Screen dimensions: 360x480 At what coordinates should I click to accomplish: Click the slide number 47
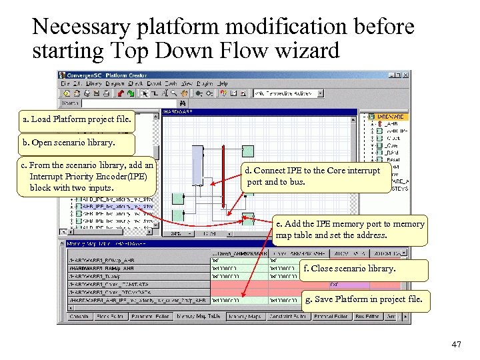point(456,345)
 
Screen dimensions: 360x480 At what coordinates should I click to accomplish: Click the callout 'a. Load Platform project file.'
point(77,120)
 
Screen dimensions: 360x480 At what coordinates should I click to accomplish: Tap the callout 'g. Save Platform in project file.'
point(363,299)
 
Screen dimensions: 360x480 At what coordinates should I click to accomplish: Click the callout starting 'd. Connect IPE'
point(316,176)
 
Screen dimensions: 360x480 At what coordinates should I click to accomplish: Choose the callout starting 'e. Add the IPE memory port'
point(349,229)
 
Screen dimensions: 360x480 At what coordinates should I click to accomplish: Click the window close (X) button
point(406,75)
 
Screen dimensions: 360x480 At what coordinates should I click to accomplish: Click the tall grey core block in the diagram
point(197,169)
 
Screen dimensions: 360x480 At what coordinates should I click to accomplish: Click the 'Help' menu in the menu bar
point(223,84)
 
